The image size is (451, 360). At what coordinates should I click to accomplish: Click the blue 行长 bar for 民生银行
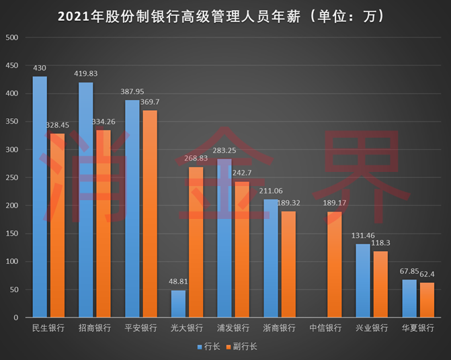[x=40, y=196]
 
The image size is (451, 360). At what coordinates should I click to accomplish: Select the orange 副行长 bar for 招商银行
[x=104, y=223]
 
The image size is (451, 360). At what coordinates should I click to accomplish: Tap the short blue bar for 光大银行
[x=178, y=304]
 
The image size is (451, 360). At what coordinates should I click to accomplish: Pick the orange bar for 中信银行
[x=334, y=264]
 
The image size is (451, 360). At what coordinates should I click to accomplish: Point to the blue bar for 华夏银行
[x=409, y=298]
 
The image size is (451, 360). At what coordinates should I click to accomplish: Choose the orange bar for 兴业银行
[x=380, y=283]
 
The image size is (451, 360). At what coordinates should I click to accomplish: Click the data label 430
[x=40, y=69]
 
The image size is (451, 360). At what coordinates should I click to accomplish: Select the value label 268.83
[x=196, y=159]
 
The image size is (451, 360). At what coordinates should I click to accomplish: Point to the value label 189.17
[x=334, y=204]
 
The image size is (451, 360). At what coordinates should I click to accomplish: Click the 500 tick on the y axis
[x=11, y=38]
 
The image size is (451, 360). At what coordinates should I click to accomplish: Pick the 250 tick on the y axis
[x=11, y=177]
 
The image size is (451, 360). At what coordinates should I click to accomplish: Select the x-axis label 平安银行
[x=141, y=328]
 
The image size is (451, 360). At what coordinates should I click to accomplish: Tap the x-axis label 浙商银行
[x=279, y=328]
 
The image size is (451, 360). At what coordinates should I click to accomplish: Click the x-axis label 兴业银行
[x=371, y=328]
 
